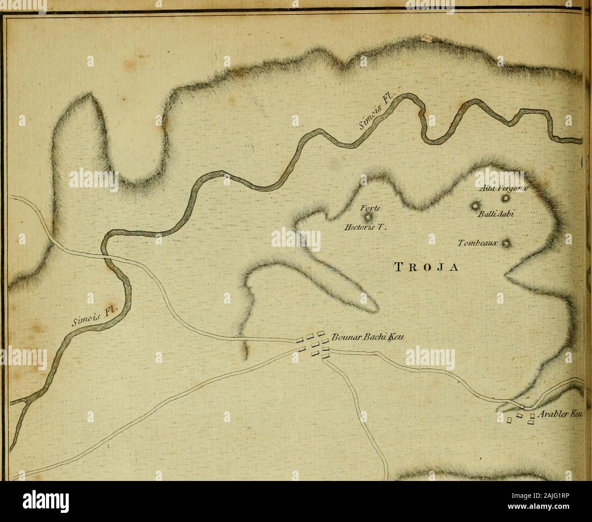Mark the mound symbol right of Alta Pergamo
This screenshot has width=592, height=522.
click(x=505, y=198)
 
